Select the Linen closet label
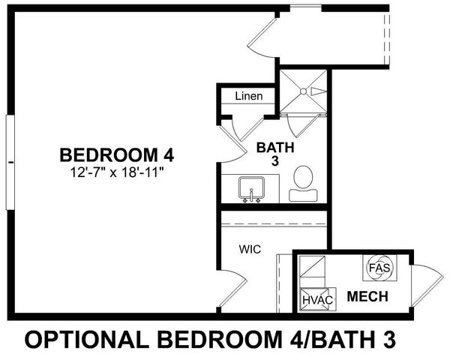[x=248, y=97]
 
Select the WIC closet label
[x=250, y=249]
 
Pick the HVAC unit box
[x=317, y=298]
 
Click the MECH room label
[x=367, y=297]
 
